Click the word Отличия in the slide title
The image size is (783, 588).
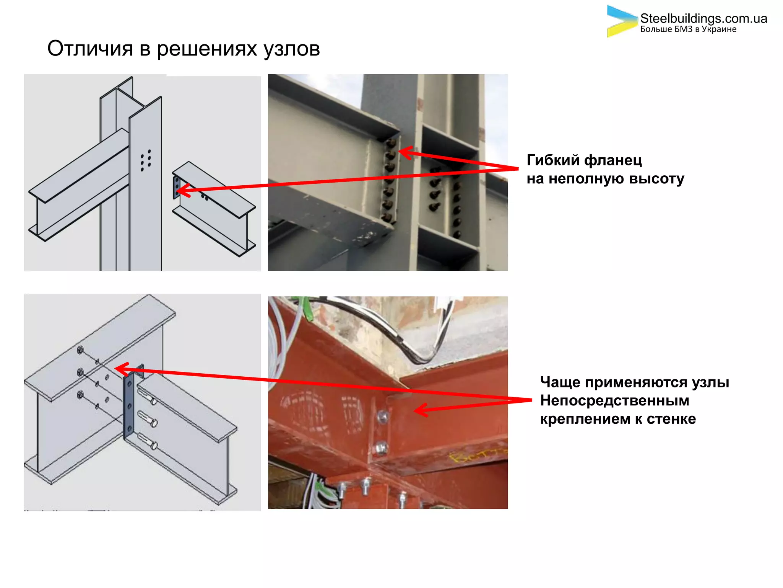point(90,49)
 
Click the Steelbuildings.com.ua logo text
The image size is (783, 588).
point(703,18)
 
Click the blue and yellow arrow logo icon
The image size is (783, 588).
point(621,21)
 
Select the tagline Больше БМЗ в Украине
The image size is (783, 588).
point(688,29)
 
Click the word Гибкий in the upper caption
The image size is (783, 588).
point(552,160)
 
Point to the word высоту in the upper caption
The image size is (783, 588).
point(656,179)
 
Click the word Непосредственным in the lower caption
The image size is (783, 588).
point(614,400)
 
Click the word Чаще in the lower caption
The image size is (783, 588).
point(560,382)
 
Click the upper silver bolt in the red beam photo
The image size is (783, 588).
point(382,416)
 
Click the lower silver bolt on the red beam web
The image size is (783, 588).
point(381,447)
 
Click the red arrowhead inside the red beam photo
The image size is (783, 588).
point(421,410)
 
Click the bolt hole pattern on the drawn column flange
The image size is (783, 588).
point(146,160)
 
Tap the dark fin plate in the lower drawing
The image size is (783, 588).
point(129,406)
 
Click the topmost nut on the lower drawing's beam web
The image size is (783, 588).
point(80,350)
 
